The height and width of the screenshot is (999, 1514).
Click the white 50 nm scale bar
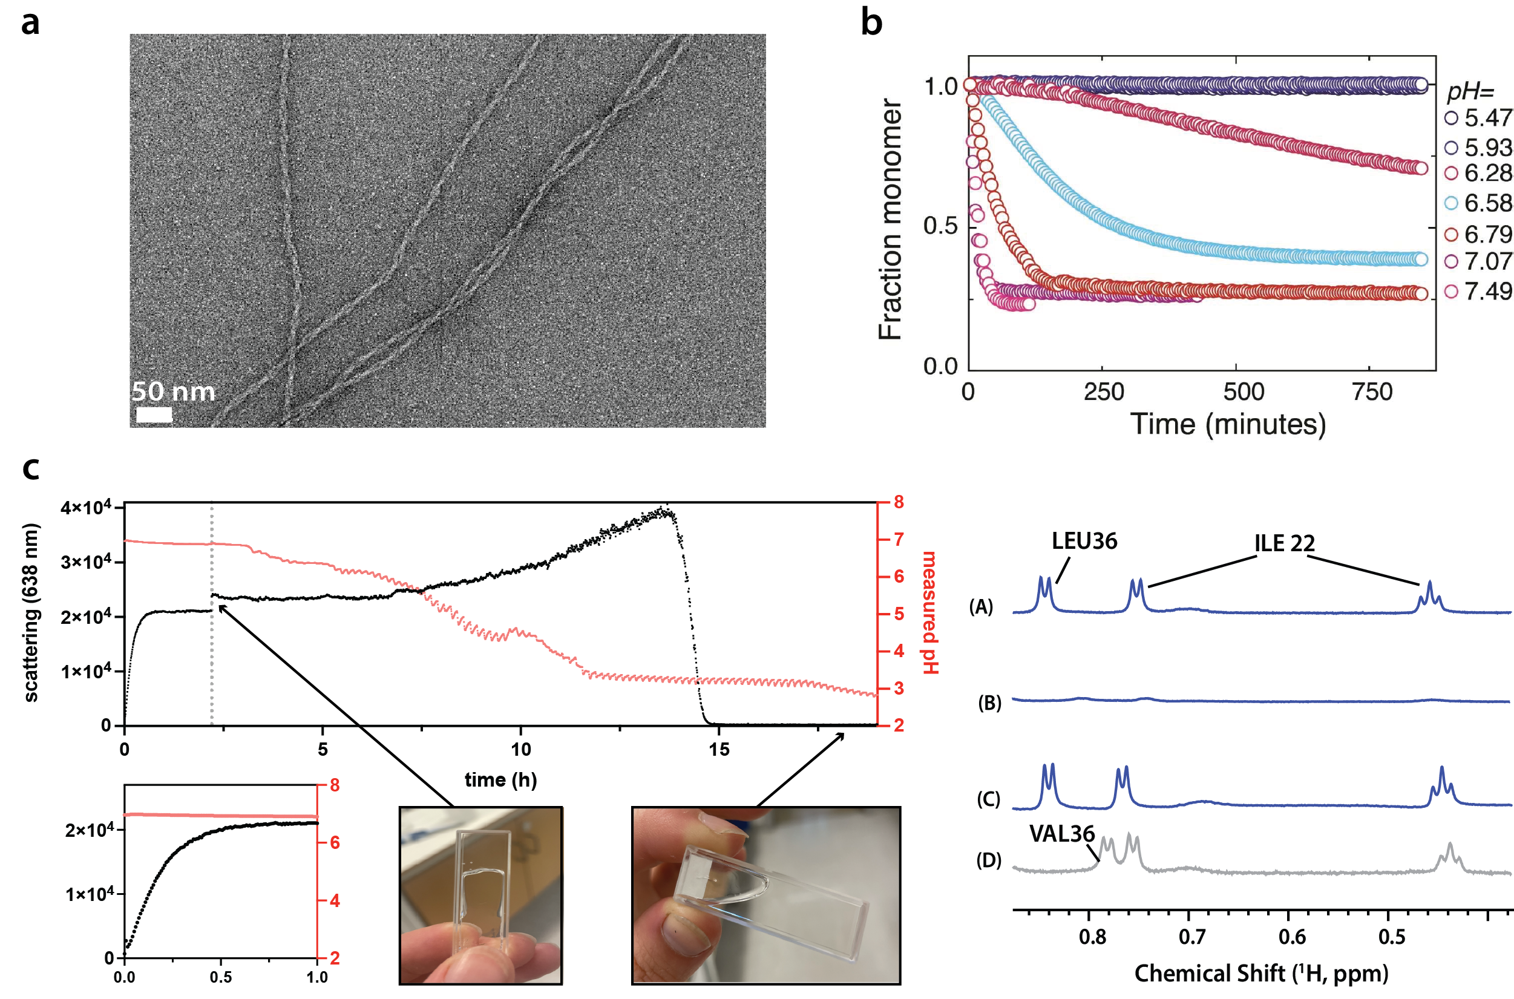[x=154, y=414]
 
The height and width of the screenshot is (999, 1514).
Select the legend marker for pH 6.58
[x=1451, y=203]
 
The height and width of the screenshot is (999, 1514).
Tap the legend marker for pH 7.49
[x=1451, y=291]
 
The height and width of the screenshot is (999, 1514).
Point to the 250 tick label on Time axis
[x=1103, y=392]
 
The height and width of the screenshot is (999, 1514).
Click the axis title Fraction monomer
[x=890, y=220]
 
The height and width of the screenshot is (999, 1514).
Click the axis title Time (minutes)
[x=1228, y=424]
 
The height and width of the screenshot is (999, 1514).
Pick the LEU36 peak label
[x=1084, y=541]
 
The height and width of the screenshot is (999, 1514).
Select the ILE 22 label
[x=1284, y=543]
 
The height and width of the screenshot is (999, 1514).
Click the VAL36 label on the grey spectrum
[x=1061, y=833]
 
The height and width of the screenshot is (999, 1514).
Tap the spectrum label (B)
[x=989, y=703]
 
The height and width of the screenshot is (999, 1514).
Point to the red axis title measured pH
[x=929, y=612]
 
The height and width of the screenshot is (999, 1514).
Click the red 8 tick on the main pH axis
[x=899, y=502]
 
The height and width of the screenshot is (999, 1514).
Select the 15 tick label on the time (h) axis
[x=719, y=749]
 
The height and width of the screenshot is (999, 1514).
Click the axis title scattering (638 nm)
[x=31, y=612]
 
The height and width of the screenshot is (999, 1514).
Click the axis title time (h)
[x=500, y=779]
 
